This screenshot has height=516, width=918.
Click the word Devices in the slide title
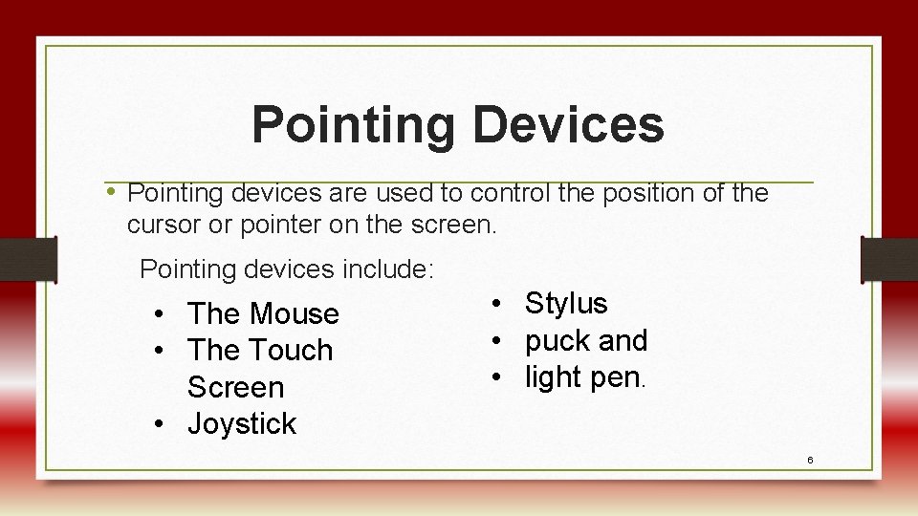568,124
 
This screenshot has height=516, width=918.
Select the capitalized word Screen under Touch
235,387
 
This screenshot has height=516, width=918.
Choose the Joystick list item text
242,423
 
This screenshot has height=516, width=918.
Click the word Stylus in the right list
566,303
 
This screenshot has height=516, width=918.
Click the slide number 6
809,460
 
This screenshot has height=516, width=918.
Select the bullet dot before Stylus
498,304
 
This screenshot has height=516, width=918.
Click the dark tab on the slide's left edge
27,259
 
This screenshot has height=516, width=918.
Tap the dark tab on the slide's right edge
889,259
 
